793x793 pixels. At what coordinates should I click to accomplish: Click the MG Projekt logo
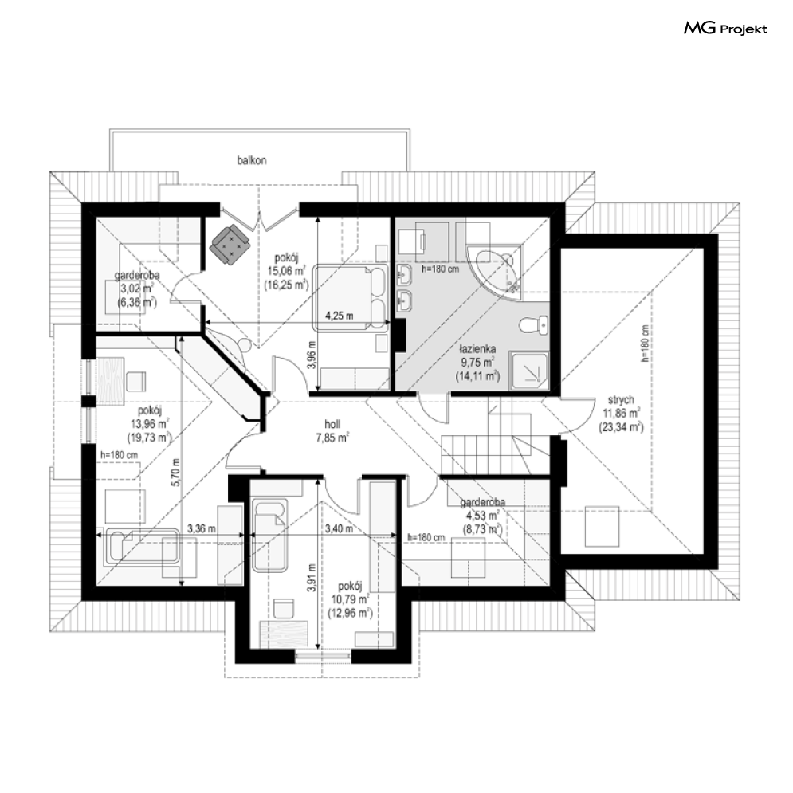click(x=725, y=29)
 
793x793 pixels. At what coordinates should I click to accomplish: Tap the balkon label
click(x=252, y=160)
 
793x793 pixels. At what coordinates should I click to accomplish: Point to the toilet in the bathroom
click(x=533, y=325)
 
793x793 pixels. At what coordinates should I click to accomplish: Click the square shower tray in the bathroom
click(x=529, y=371)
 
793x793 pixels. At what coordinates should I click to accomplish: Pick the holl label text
click(x=332, y=424)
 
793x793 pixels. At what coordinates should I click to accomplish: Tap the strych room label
click(x=620, y=399)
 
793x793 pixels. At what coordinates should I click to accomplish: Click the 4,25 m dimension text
click(x=339, y=316)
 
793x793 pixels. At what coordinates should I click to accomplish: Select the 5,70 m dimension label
click(x=175, y=473)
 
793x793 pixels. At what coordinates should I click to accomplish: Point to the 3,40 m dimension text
click(x=339, y=529)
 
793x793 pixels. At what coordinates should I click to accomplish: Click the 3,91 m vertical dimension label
click(x=312, y=578)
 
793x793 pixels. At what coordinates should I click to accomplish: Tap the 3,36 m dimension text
click(x=202, y=529)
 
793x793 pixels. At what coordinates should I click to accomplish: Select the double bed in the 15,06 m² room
click(x=351, y=297)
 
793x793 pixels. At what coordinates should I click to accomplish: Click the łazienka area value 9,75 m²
click(x=477, y=362)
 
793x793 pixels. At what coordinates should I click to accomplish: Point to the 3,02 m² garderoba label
click(x=136, y=289)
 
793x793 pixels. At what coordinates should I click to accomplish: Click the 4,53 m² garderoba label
click(x=482, y=516)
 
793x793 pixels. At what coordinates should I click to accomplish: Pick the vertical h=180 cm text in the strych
click(x=645, y=344)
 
